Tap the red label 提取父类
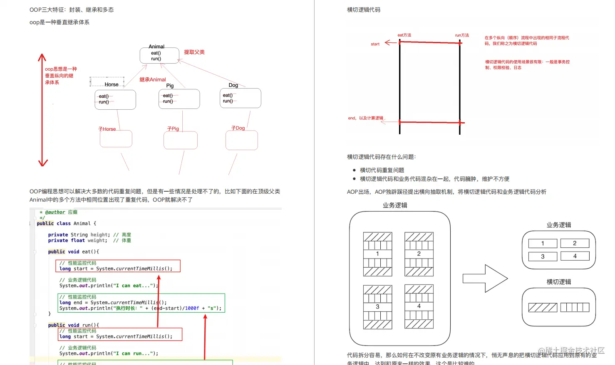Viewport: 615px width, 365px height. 194,52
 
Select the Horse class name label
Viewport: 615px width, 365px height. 112,84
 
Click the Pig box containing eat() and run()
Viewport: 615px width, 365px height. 179,99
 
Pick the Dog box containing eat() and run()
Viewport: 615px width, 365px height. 240,98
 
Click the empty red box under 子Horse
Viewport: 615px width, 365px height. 116,139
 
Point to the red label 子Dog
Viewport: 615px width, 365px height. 238,128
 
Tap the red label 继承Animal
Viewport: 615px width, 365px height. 152,79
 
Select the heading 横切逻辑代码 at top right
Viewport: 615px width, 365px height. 364,10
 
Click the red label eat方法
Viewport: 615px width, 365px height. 404,35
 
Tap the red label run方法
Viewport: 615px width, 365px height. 462,35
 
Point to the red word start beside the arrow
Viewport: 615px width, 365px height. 375,44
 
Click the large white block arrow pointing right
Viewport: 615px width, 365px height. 485,279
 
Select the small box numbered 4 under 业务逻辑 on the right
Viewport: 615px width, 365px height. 575,256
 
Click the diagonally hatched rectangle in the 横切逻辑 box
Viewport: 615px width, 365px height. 543,308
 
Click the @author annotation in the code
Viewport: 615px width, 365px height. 55,212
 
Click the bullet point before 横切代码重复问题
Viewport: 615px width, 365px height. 354,170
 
